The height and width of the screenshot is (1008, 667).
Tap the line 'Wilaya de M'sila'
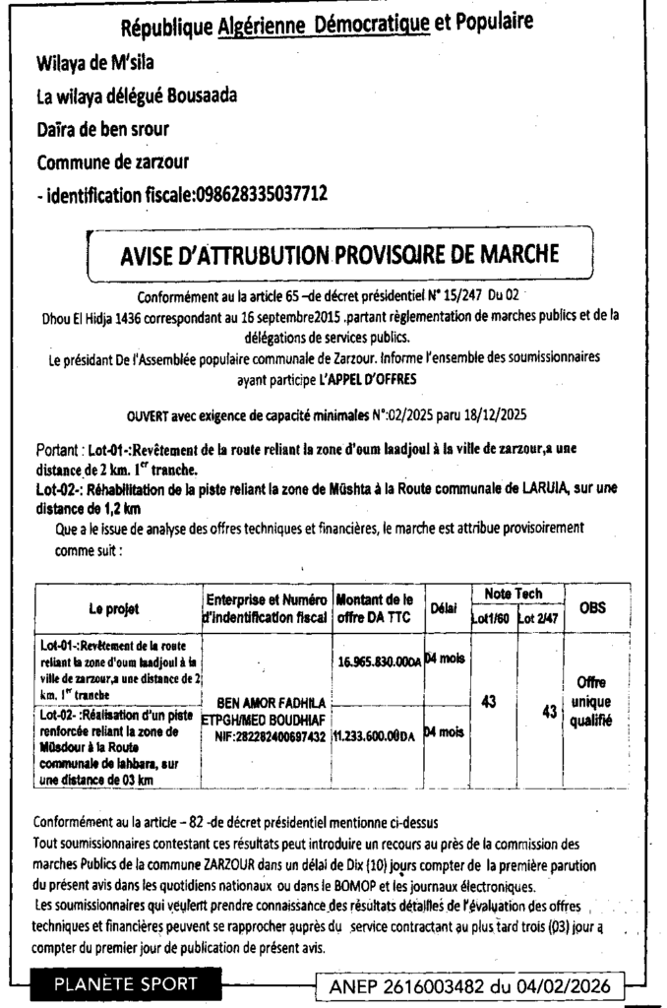coord(95,65)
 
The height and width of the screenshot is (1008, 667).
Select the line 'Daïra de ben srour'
coord(102,129)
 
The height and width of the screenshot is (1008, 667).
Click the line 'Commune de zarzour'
coord(112,161)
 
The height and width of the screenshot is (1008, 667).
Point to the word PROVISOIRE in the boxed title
coord(393,256)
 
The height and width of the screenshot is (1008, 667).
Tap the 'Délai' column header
coord(445,609)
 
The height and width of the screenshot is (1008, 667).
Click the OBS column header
coord(592,608)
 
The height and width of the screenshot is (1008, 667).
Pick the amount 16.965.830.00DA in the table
coord(378,662)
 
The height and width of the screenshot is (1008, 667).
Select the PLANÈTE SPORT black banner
coord(125,983)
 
